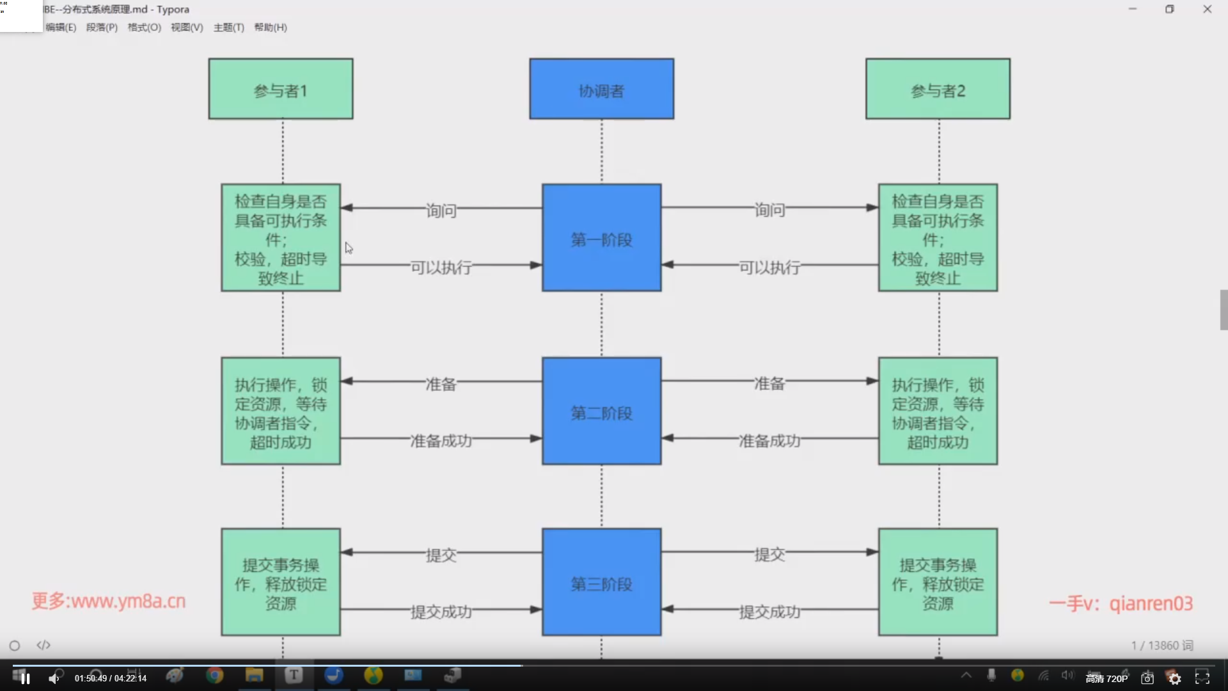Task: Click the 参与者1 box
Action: (280, 89)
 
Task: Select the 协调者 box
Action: (601, 89)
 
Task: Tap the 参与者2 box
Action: (938, 89)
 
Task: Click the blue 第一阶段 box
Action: (601, 238)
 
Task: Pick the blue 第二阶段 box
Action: (601, 411)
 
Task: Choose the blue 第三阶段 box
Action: (601, 582)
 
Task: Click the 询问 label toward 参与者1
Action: (441, 210)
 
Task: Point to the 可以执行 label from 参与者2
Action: (769, 267)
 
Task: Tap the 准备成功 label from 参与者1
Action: (441, 441)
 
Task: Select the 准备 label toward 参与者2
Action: (769, 383)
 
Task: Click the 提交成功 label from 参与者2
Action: (769, 612)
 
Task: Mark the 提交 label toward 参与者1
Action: (441, 555)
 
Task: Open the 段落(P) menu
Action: (102, 28)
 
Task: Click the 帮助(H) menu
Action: (271, 28)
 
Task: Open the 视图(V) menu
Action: (187, 28)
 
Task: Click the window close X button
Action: (1207, 9)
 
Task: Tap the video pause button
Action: (25, 678)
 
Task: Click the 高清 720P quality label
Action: (1106, 678)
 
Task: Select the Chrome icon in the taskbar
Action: (214, 675)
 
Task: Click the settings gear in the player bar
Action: (1174, 678)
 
